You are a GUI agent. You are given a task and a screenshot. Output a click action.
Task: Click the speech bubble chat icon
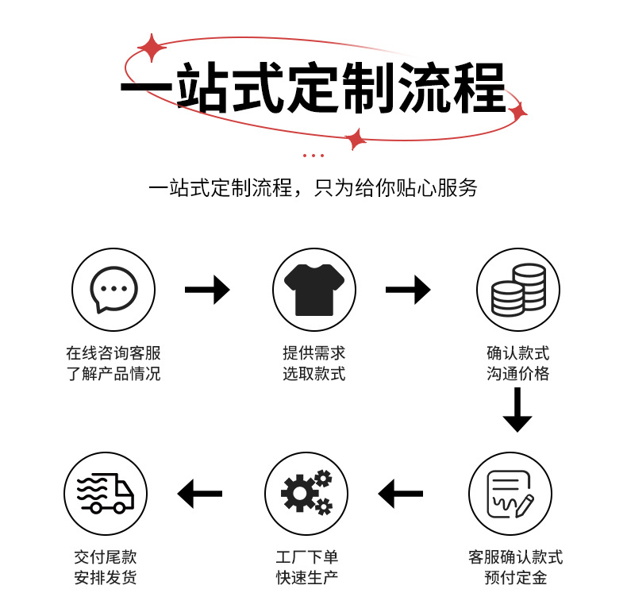pyautogui.click(x=114, y=289)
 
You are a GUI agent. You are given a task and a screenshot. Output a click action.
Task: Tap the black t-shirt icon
pyautogui.click(x=314, y=289)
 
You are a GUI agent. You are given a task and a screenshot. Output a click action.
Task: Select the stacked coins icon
pyautogui.click(x=518, y=289)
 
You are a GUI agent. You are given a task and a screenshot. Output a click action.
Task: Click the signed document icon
pyautogui.click(x=509, y=494)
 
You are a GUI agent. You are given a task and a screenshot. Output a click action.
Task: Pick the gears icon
pyautogui.click(x=306, y=494)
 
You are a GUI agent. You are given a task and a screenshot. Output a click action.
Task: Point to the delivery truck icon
pyautogui.click(x=106, y=494)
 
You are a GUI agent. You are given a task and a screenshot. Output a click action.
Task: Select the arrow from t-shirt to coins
pyautogui.click(x=408, y=289)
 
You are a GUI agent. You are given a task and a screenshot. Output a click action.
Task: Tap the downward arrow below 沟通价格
pyautogui.click(x=517, y=410)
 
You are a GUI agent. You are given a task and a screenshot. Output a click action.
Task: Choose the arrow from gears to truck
pyautogui.click(x=200, y=494)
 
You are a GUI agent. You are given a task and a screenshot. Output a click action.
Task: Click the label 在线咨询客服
pyautogui.click(x=113, y=353)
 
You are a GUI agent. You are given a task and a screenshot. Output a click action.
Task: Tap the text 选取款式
pyautogui.click(x=314, y=374)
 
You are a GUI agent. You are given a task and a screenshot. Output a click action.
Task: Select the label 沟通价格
pyautogui.click(x=518, y=374)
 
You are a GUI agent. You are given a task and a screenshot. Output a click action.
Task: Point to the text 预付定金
pyautogui.click(x=516, y=578)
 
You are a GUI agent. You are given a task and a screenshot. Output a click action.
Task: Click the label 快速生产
pyautogui.click(x=307, y=578)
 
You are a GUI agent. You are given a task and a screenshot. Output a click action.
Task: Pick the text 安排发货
pyautogui.click(x=106, y=578)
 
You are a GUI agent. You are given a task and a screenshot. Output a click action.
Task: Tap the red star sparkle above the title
pyautogui.click(x=151, y=48)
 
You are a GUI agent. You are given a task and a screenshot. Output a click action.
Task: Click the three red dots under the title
pyautogui.click(x=313, y=156)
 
